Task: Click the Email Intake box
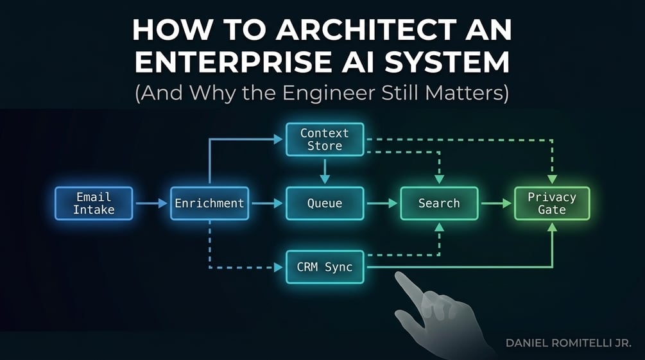94,203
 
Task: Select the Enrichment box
209,203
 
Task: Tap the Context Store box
325,139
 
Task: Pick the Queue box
325,203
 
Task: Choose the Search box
439,203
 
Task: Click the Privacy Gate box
552,203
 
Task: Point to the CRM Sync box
325,267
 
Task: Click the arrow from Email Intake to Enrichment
151,203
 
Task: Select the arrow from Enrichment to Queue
267,203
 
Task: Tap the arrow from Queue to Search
382,203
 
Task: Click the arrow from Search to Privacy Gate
496,203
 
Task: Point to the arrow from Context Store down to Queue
325,171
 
